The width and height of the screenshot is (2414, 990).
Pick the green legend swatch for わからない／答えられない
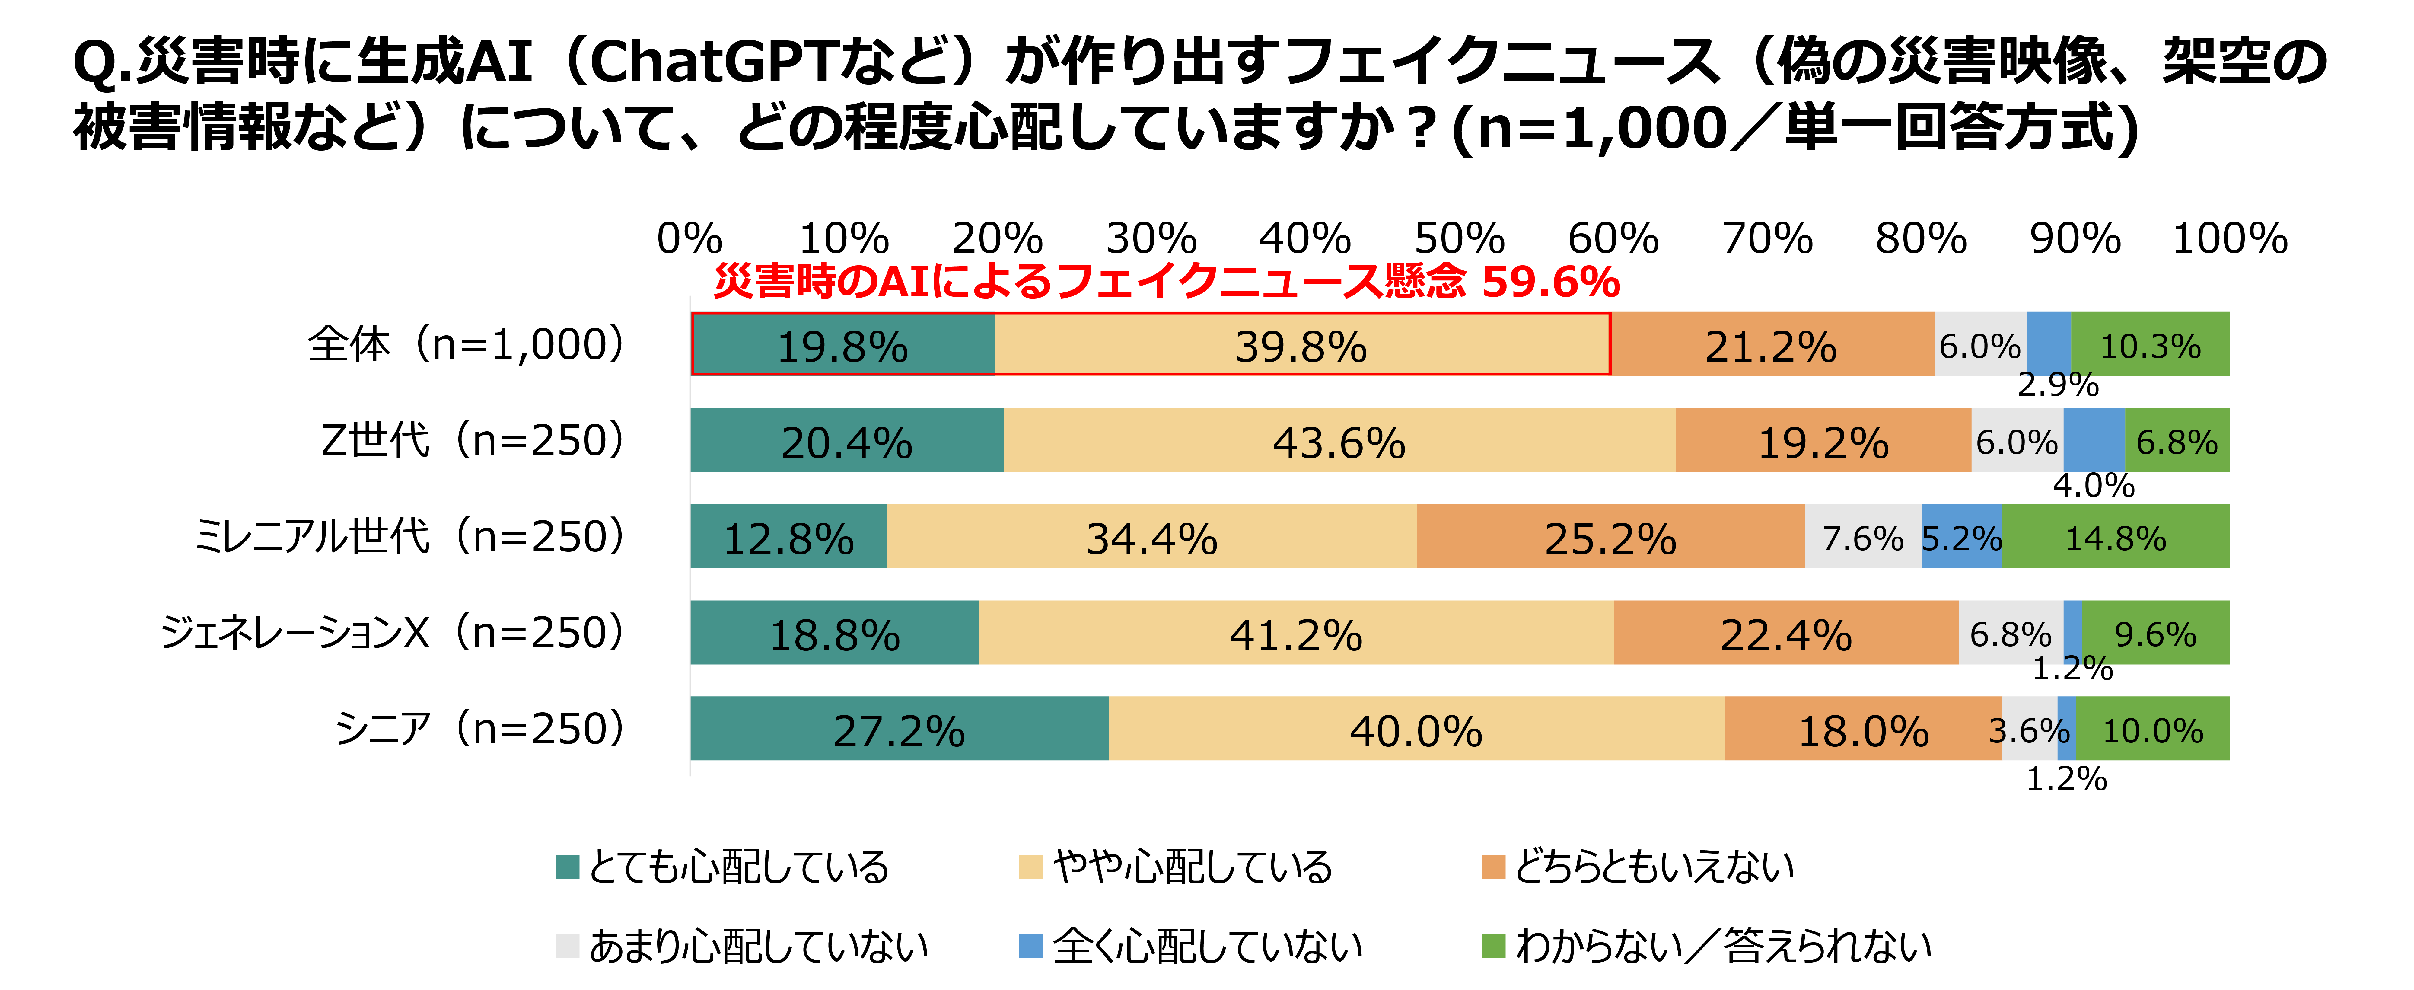(x=1494, y=946)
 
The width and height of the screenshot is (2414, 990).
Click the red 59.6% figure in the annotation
(x=1551, y=281)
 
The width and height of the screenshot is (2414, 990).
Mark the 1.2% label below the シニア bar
(x=2066, y=778)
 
